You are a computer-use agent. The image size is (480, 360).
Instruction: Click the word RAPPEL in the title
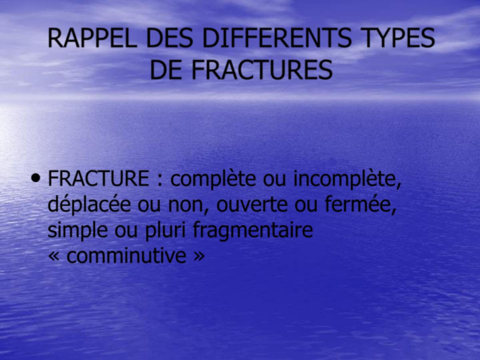[92, 38]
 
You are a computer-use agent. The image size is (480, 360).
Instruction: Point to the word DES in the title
[169, 38]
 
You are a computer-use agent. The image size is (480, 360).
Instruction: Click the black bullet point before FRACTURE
[36, 178]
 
